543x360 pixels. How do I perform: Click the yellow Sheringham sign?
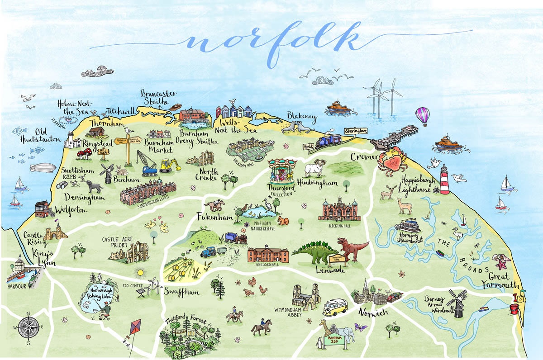(355, 130)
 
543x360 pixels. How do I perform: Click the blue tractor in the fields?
(209, 252)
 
